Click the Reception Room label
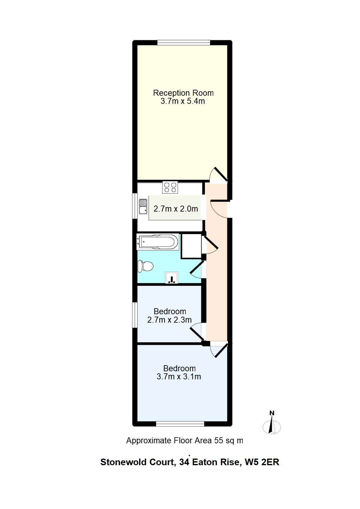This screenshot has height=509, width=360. click(x=183, y=93)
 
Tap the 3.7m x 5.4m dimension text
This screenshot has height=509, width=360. click(x=183, y=101)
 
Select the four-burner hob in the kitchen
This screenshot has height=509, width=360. click(x=170, y=187)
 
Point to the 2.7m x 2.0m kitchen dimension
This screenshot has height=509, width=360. click(x=175, y=209)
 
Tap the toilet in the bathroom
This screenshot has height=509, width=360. click(x=145, y=266)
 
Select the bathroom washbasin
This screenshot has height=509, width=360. click(x=172, y=277)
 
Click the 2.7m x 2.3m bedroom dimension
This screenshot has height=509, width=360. click(x=169, y=320)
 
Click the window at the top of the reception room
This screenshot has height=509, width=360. click(x=184, y=43)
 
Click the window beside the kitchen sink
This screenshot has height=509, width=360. click(x=135, y=206)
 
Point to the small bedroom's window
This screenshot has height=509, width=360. click(x=135, y=315)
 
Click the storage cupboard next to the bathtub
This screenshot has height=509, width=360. click(x=191, y=246)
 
